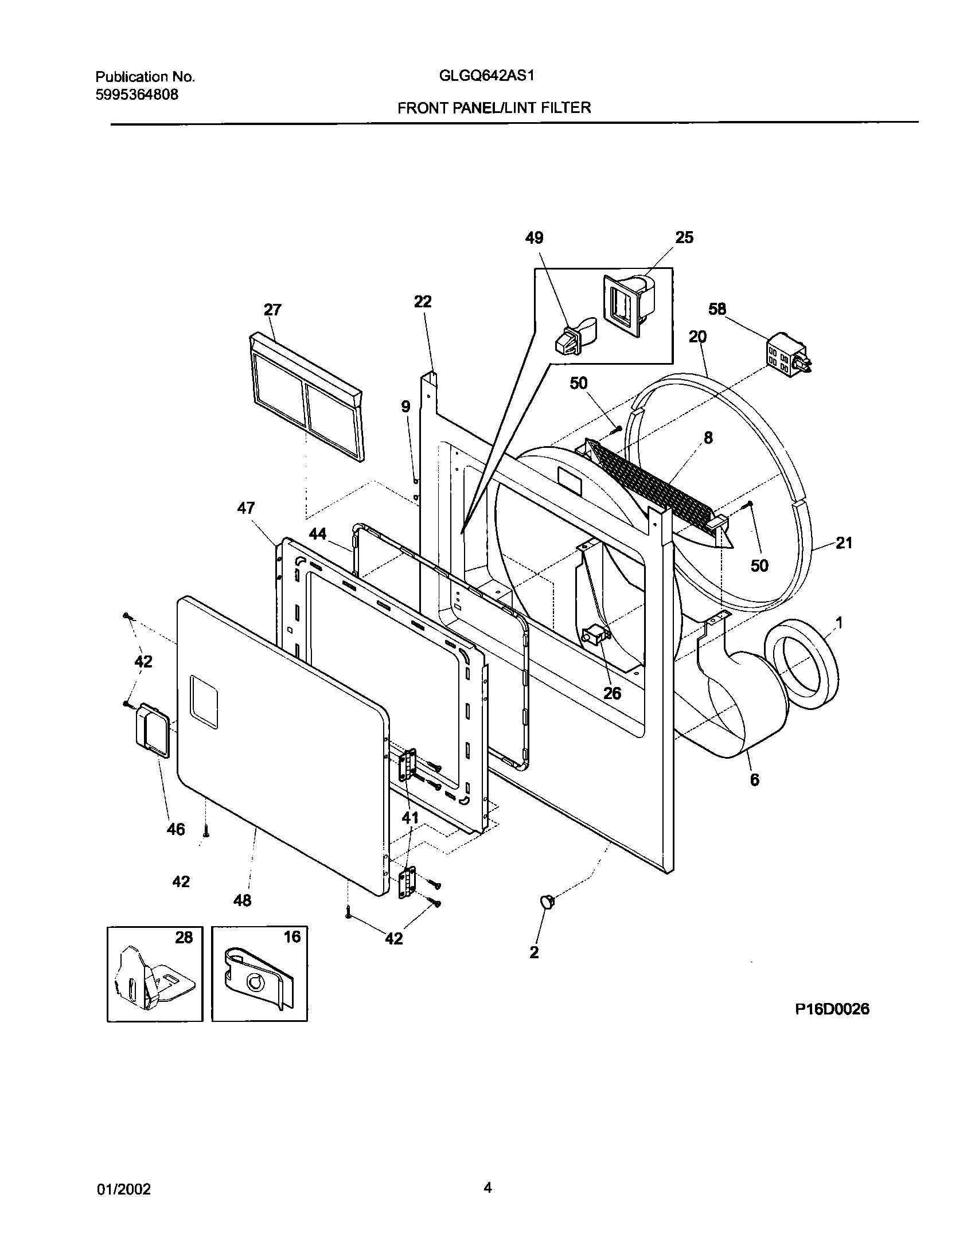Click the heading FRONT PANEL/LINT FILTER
(x=494, y=107)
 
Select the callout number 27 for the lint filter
(x=272, y=310)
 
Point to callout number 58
(x=717, y=310)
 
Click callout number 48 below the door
(x=242, y=900)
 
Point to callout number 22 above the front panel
(x=423, y=302)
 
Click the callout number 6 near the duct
(x=755, y=780)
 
